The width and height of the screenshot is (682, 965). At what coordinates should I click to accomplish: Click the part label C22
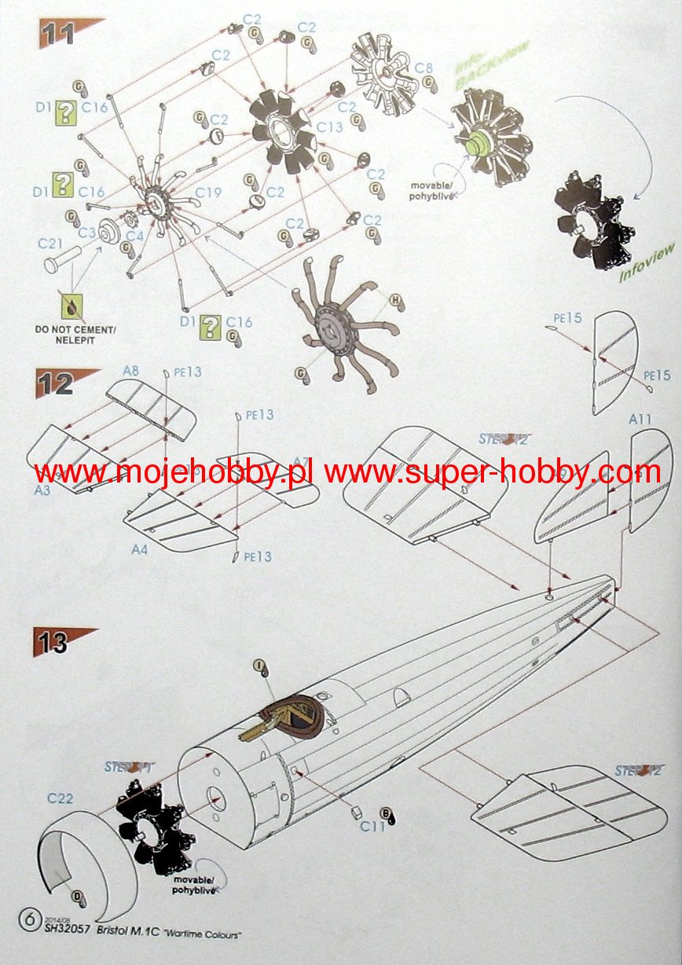pyautogui.click(x=60, y=799)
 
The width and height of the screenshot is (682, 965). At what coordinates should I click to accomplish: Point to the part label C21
pyautogui.click(x=49, y=244)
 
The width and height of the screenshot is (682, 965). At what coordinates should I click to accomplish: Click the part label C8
pyautogui.click(x=423, y=68)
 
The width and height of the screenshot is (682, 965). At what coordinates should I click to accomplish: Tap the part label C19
pyautogui.click(x=207, y=192)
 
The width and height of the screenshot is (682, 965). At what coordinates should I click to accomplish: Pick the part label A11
pyautogui.click(x=640, y=420)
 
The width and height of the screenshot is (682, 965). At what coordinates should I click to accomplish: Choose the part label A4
pyautogui.click(x=139, y=550)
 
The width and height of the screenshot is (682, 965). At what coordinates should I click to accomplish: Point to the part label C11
pyautogui.click(x=373, y=826)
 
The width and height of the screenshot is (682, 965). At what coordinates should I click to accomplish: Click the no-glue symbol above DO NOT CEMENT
pyautogui.click(x=72, y=304)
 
